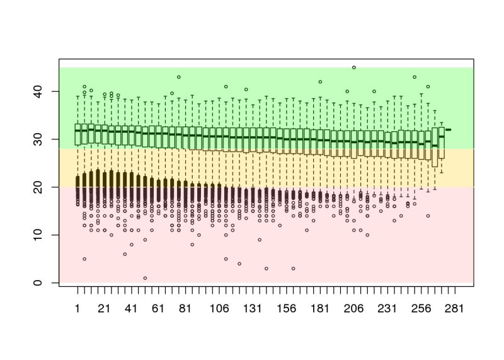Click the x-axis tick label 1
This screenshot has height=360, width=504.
[77, 308]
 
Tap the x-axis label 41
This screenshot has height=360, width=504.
[131, 308]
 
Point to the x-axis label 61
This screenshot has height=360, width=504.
[158, 308]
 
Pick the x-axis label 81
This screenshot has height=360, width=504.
[185, 308]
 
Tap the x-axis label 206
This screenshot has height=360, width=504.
[353, 308]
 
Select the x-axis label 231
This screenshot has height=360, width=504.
[387, 308]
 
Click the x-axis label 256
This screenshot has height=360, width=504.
[421, 308]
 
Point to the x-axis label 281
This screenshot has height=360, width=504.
[454, 308]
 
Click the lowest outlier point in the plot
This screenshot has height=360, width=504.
[145, 278]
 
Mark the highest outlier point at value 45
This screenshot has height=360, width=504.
[353, 67]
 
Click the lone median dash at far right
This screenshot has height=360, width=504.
[449, 129]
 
